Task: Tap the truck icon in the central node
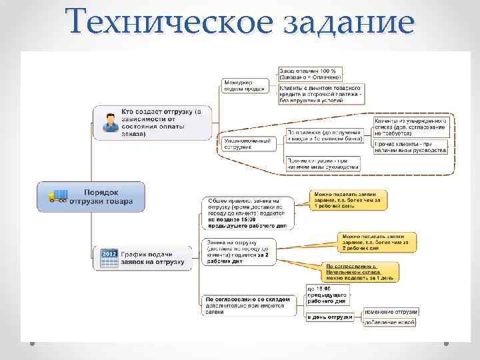click(58, 196)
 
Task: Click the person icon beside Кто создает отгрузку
click(108, 122)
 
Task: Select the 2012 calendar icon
click(109, 259)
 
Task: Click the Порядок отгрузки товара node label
click(107, 196)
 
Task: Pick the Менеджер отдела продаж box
click(244, 85)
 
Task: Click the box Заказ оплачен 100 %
click(310, 73)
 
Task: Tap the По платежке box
click(325, 136)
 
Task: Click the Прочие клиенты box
click(411, 147)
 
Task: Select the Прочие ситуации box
click(323, 163)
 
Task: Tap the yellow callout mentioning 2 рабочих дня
click(377, 241)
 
